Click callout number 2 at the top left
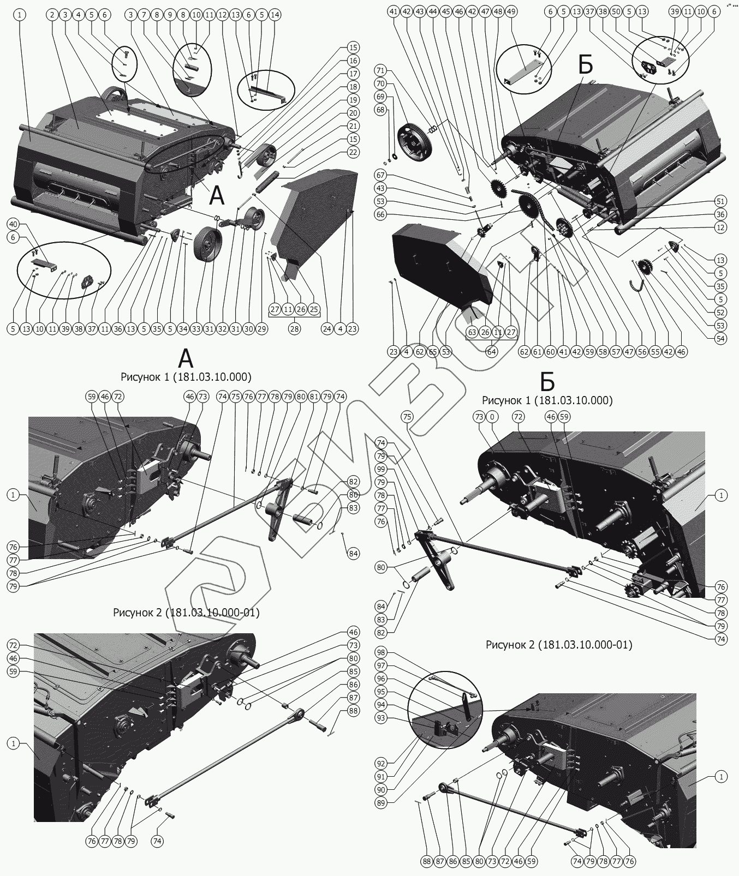pyautogui.click(x=52, y=15)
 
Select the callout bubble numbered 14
pyautogui.click(x=275, y=15)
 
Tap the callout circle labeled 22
pyautogui.click(x=353, y=152)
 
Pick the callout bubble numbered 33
pyautogui.click(x=196, y=329)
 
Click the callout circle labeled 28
pyautogui.click(x=295, y=329)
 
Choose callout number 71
pyautogui.click(x=381, y=70)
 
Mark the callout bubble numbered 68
pyautogui.click(x=381, y=110)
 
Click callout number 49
pyautogui.click(x=511, y=11)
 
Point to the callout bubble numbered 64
pyautogui.click(x=491, y=352)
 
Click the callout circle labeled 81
pyautogui.click(x=314, y=397)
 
